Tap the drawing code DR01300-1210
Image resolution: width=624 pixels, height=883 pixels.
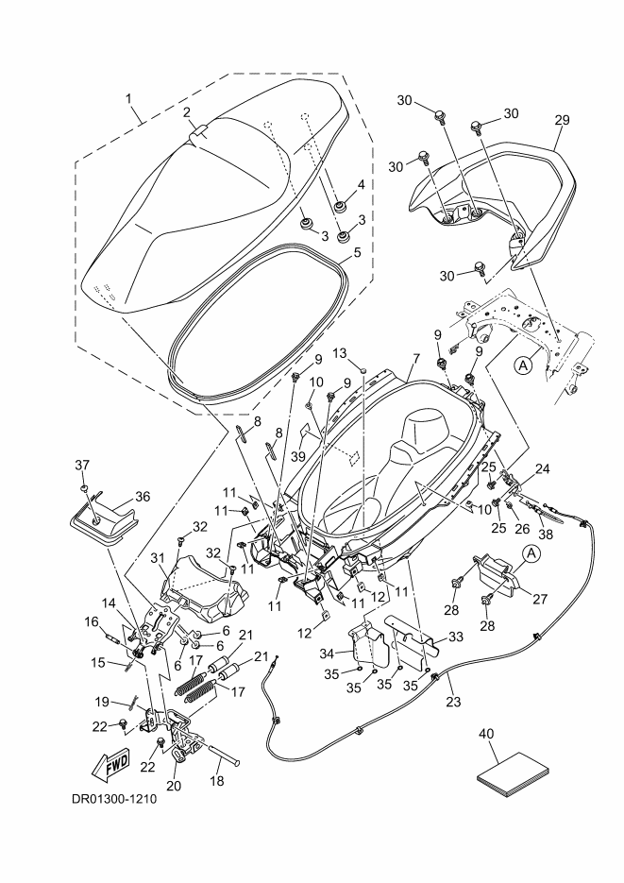(113, 798)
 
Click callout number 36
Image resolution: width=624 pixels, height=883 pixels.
(143, 496)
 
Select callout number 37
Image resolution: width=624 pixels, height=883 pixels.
(82, 464)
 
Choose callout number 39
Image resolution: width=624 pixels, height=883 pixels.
(299, 456)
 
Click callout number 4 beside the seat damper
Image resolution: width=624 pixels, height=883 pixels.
(360, 184)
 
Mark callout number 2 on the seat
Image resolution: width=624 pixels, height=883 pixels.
(188, 112)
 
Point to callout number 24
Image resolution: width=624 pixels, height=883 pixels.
(543, 467)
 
